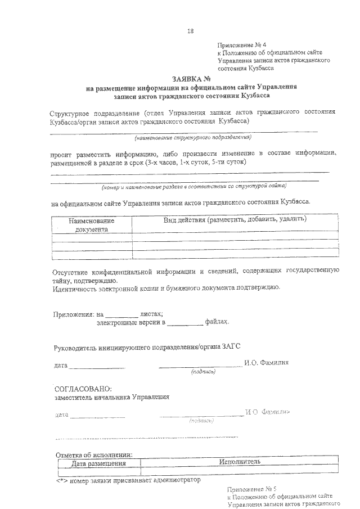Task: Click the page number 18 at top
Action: (x=190, y=31)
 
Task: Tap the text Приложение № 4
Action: (x=238, y=44)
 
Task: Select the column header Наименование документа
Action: (x=92, y=226)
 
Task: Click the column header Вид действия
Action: (x=235, y=219)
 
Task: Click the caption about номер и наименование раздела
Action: (x=193, y=186)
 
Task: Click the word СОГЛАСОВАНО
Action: (x=83, y=389)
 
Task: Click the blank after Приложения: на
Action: (x=122, y=316)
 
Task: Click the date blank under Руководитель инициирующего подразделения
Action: (x=97, y=366)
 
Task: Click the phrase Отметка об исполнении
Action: (x=93, y=454)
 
